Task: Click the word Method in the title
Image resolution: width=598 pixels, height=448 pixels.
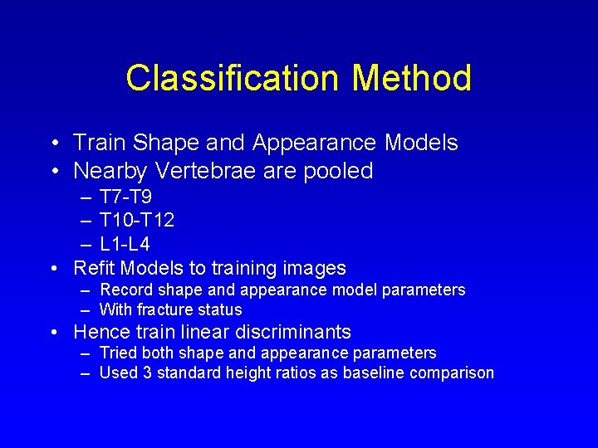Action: (x=412, y=78)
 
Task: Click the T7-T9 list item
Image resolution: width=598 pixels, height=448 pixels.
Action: (x=125, y=198)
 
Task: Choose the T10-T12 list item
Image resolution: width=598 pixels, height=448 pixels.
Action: (x=136, y=222)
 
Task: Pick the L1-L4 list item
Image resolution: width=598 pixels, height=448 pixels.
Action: (x=125, y=245)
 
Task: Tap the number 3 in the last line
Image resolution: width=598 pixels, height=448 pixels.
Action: (x=147, y=373)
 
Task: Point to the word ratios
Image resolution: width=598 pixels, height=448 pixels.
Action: (x=293, y=373)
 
